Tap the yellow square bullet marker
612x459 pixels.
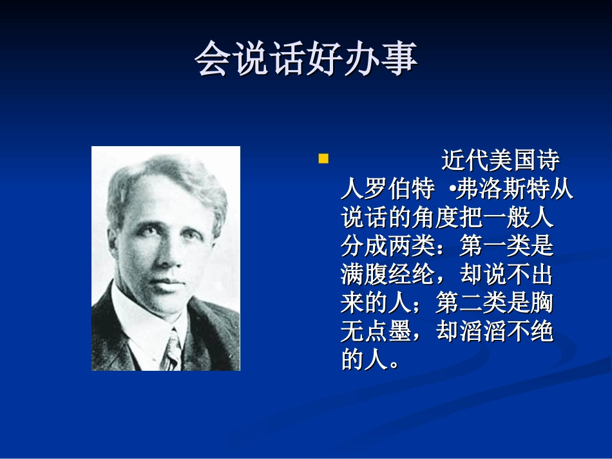pos(323,159)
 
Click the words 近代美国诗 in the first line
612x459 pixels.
pos(500,162)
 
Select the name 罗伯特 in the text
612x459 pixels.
pos(399,191)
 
